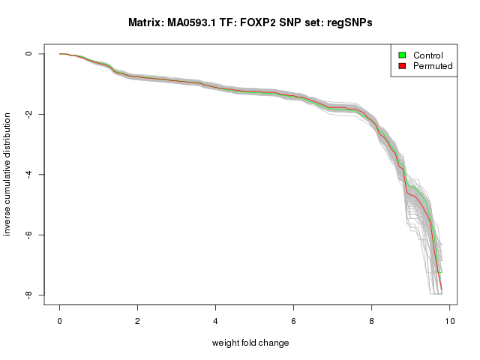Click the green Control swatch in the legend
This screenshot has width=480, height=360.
[402, 55]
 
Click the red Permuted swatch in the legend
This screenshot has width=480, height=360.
[402, 67]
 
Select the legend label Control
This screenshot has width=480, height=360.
[428, 55]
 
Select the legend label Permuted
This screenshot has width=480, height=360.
[433, 67]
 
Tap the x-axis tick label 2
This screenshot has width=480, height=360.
[138, 321]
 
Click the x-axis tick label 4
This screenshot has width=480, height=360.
[216, 321]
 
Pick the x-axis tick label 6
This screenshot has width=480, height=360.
[294, 321]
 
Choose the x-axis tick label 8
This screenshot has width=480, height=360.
[372, 321]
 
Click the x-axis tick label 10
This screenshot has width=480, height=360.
[449, 321]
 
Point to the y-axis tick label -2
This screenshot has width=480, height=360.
[28, 114]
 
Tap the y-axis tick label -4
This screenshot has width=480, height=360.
[28, 175]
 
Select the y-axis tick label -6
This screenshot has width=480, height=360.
[28, 235]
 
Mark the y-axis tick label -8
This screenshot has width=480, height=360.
[28, 295]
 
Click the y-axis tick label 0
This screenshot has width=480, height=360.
[28, 54]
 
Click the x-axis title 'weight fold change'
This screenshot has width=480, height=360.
[250, 343]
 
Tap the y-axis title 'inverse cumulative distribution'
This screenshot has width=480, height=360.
[7, 174]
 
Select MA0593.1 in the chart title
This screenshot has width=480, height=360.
[193, 23]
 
